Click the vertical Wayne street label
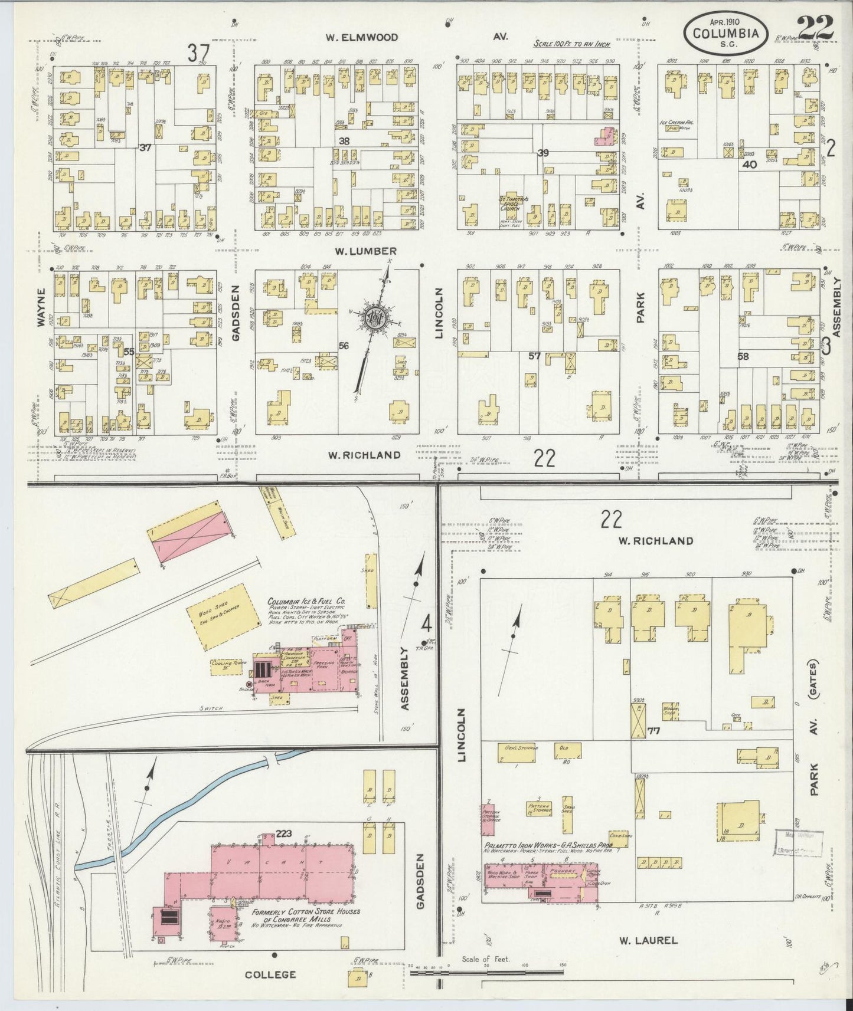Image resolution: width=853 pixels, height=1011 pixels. pyautogui.click(x=41, y=307)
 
